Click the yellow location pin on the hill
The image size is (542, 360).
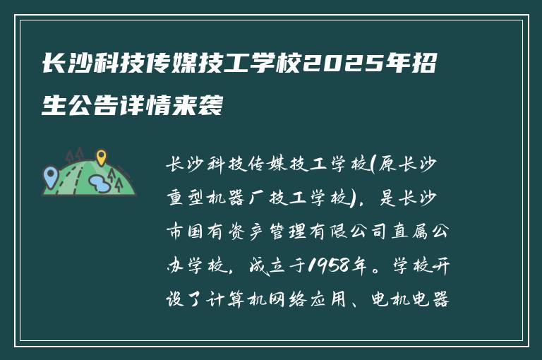(x=101, y=157)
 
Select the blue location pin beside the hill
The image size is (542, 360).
(x=50, y=174)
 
